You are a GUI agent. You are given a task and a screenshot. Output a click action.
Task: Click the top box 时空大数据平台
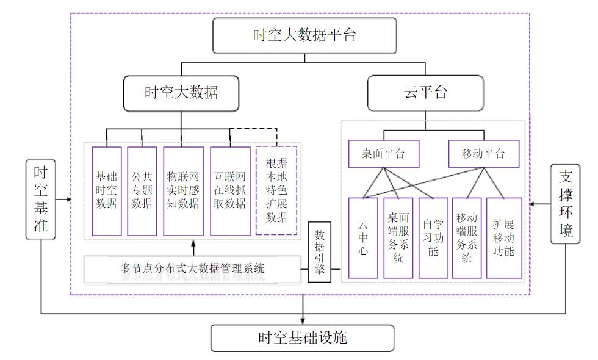[x=304, y=35]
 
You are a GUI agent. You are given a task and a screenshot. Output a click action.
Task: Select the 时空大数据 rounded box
[x=181, y=93]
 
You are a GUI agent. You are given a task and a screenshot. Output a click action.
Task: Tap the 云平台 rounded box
[x=425, y=93]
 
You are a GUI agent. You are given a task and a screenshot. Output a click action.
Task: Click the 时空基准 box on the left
[x=41, y=200]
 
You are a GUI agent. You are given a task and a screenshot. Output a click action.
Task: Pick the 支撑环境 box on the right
[x=564, y=203]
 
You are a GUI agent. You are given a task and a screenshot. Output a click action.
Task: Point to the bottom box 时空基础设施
[x=303, y=337]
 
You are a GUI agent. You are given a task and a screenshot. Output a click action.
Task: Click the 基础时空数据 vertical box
[x=106, y=191]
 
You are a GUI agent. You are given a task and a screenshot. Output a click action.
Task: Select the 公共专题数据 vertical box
[x=142, y=191]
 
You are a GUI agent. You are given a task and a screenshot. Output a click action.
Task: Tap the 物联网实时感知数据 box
[x=183, y=191]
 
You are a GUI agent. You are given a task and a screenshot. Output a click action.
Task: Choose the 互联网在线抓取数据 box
[x=230, y=191]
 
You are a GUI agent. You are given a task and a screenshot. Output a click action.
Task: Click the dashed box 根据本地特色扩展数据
[x=276, y=191]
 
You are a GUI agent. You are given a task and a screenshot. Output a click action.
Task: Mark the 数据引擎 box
[x=319, y=251]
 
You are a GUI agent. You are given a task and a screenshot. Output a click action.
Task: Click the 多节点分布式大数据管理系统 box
[x=192, y=268]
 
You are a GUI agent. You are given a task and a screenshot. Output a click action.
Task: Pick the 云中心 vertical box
[x=363, y=237]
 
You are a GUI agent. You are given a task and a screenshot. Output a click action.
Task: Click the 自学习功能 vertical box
[x=433, y=237]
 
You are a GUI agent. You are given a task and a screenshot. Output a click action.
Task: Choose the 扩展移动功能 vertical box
[x=503, y=237]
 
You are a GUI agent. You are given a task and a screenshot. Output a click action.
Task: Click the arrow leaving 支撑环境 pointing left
[x=534, y=203]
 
